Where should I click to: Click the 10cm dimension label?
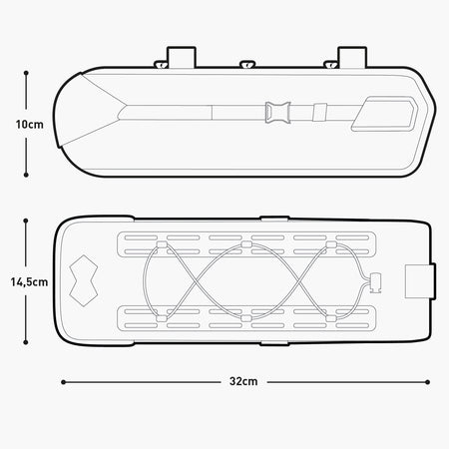(x=30, y=125)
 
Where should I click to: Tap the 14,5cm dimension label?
(x=29, y=282)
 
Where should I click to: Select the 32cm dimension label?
(x=243, y=381)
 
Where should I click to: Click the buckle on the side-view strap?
(x=277, y=113)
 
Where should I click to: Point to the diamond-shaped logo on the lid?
(x=84, y=280)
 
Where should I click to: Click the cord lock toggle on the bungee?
(x=376, y=282)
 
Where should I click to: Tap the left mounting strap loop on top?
(x=182, y=57)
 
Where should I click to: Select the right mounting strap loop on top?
(x=352, y=57)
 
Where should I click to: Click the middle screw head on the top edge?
(x=247, y=64)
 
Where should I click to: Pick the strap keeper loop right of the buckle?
(x=320, y=112)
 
